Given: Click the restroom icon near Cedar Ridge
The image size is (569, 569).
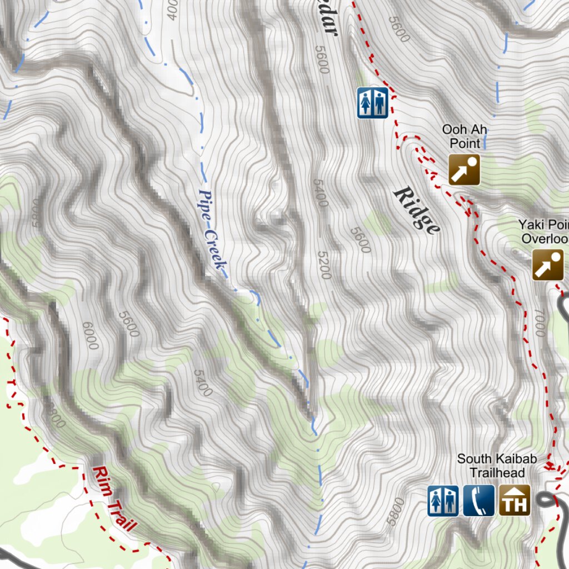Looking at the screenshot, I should point(372,103).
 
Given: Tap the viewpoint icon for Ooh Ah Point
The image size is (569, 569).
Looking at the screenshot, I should point(464,169).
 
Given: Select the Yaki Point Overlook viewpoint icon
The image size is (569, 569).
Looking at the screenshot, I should point(547,264).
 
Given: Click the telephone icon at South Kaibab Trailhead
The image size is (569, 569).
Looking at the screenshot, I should point(478,501).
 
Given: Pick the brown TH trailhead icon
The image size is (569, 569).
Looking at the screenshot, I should point(514,501).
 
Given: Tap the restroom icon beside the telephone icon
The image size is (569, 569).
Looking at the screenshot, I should point(443,501).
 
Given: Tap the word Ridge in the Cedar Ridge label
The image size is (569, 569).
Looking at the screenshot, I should point(417,211).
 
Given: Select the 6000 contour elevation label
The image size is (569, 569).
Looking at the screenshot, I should point(89,336).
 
